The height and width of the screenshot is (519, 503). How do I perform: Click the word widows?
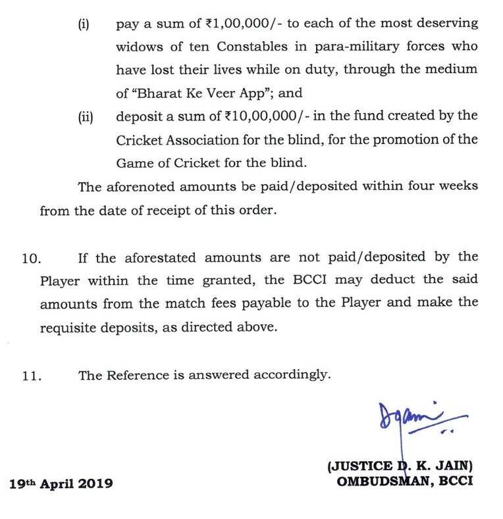click(x=139, y=48)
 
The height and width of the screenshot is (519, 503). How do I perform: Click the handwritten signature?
click(x=409, y=418)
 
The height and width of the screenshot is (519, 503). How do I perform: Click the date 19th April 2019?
click(x=61, y=483)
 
